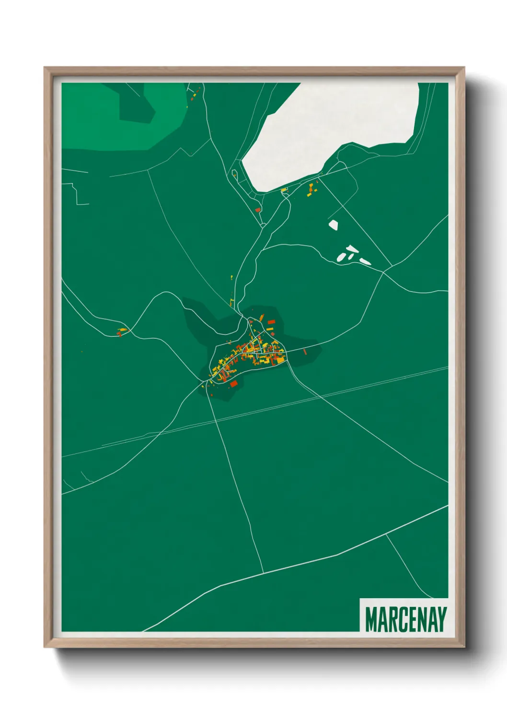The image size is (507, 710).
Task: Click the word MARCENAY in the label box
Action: pyautogui.click(x=405, y=619)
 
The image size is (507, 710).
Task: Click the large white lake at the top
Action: pyautogui.click(x=331, y=130)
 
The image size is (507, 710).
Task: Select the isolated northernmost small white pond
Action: pyautogui.click(x=333, y=224)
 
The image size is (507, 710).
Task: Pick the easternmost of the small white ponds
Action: pyautogui.click(x=365, y=261)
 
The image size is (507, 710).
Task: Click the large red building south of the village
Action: pyautogui.click(x=234, y=383)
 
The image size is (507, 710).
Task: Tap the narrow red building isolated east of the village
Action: pyautogui.click(x=305, y=352)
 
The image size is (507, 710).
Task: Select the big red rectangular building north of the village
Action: pyautogui.click(x=271, y=322)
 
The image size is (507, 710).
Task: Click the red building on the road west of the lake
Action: pyautogui.click(x=257, y=210)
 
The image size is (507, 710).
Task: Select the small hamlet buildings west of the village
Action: pyautogui.click(x=122, y=331)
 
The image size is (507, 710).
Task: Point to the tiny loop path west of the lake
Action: pyautogui.click(x=234, y=173)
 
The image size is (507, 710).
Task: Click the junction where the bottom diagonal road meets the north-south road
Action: pyautogui.click(x=263, y=573)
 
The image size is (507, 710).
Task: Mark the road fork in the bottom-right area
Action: pyautogui.click(x=387, y=534)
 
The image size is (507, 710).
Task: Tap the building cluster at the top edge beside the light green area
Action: pyautogui.click(x=194, y=94)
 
